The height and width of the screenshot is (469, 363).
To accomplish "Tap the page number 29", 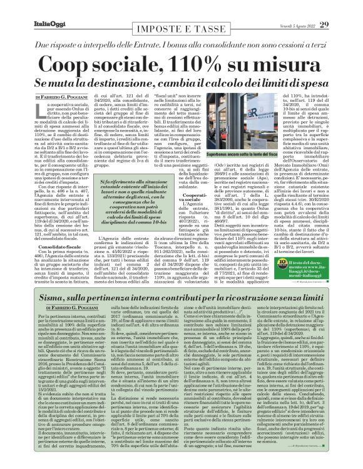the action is pyautogui.click(x=341, y=7).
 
